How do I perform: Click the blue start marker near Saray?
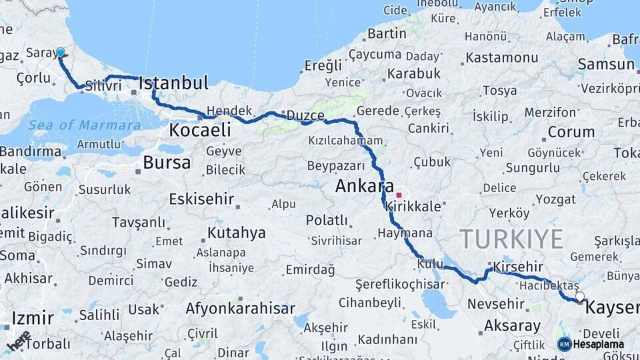[x=61, y=52]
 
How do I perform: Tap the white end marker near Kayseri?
[x=580, y=297]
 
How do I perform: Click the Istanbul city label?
[x=173, y=83]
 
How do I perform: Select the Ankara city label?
[x=365, y=186]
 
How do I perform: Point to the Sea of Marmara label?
[x=85, y=125]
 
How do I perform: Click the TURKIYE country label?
[x=511, y=239]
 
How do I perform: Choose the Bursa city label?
[x=167, y=162]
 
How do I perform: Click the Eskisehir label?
[x=201, y=199]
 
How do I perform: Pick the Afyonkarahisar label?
[x=240, y=309]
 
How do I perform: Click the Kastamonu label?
[x=502, y=57]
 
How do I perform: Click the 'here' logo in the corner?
[x=19, y=341]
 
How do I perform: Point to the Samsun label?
[x=606, y=65]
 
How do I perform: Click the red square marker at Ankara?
[x=399, y=195]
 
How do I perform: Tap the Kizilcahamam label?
[x=345, y=141]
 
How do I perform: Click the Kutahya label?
[x=237, y=233]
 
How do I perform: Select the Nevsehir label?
[x=496, y=304]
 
